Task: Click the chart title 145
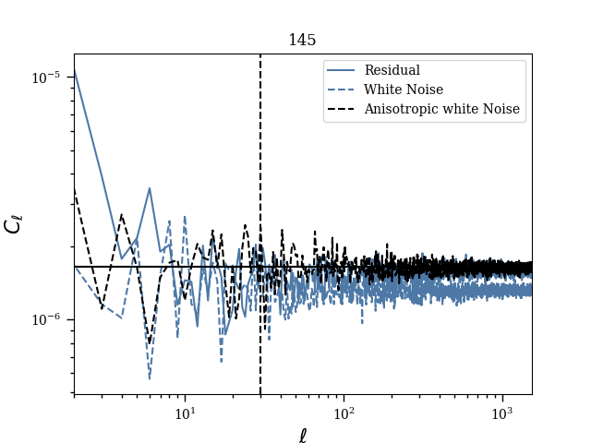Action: [x=302, y=41]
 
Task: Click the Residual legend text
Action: [x=392, y=70]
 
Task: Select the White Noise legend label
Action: [x=404, y=90]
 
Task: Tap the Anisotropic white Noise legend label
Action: [x=441, y=109]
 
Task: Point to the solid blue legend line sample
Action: [x=342, y=70]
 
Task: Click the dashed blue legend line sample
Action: [x=342, y=90]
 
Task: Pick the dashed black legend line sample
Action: [x=342, y=109]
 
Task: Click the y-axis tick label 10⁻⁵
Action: [x=46, y=78]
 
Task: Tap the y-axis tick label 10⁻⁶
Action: [x=46, y=319]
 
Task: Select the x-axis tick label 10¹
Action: [x=185, y=411]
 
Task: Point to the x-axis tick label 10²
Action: [x=344, y=411]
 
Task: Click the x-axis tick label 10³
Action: [x=502, y=411]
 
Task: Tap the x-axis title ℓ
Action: [x=302, y=435]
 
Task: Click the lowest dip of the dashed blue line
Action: [x=150, y=377]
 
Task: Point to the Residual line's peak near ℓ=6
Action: [x=150, y=188]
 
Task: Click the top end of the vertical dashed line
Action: [x=260, y=55]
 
